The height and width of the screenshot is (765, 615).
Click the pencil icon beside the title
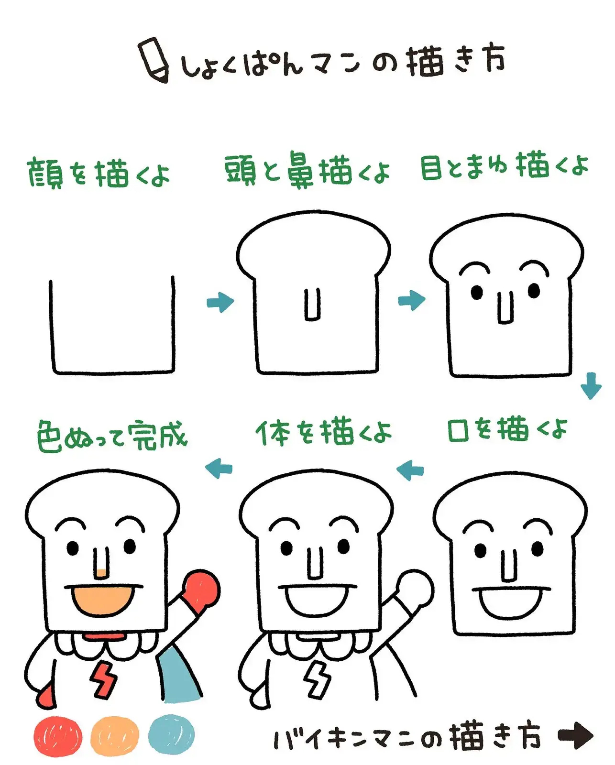coord(154,60)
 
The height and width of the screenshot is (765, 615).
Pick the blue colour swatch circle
coord(171,734)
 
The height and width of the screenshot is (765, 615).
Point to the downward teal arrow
coord(591,385)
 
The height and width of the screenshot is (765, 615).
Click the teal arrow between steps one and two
coord(220,302)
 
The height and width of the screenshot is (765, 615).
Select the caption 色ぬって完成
coord(112,436)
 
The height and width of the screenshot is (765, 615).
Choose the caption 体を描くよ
coord(324,432)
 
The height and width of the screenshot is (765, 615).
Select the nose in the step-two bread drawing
coord(313,305)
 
